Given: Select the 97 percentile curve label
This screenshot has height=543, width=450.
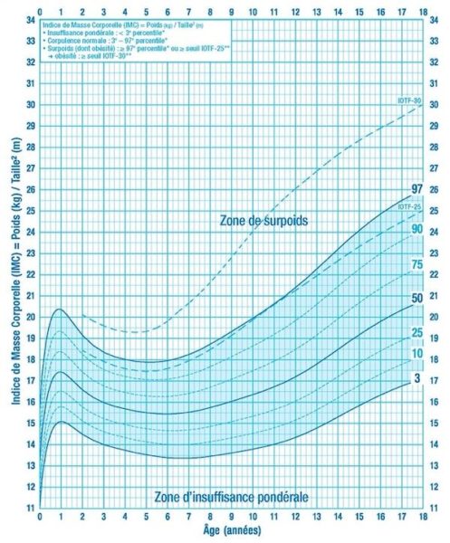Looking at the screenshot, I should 416,189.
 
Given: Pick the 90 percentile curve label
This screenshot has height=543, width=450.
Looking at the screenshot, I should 416,229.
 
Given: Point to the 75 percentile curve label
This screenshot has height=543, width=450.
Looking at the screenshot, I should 416,263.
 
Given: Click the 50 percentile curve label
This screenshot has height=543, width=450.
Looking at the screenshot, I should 416,298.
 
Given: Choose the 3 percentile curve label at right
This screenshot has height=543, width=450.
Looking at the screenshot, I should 416,377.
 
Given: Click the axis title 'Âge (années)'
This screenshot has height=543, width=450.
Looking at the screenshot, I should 231,531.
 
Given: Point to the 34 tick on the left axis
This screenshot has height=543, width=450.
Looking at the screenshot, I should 30,19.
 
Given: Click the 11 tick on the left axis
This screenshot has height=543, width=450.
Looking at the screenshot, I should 30,507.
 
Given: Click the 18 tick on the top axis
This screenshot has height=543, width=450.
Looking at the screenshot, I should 424,11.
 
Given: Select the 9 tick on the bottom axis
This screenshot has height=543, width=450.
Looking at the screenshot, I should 232,518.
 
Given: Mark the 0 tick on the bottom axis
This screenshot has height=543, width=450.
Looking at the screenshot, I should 40,518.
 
